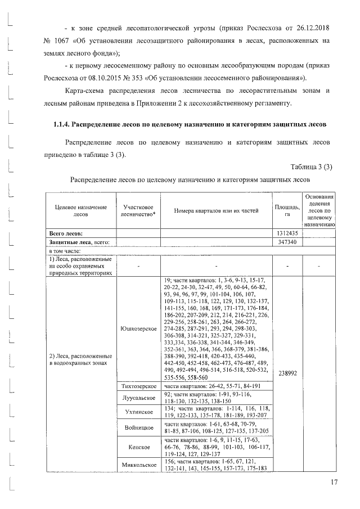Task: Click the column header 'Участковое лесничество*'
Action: pos(138,210)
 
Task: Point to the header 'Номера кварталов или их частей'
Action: pos(217,210)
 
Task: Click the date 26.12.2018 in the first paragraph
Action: pos(311,27)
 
